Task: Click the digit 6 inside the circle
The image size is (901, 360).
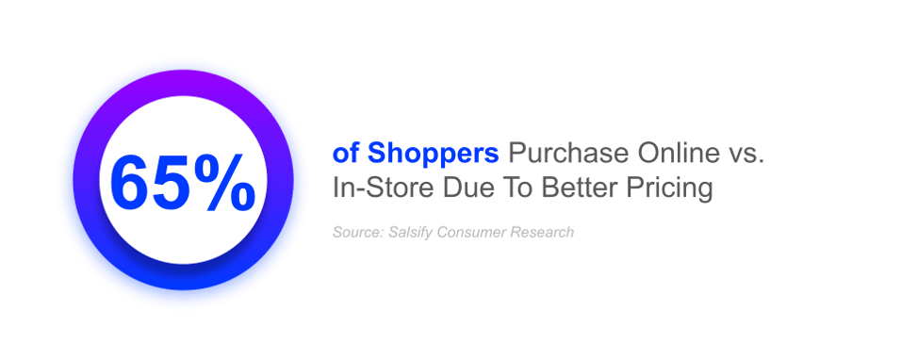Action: point(129,182)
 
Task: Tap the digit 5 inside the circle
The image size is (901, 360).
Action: point(172,182)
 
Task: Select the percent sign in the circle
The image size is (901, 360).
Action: point(224,182)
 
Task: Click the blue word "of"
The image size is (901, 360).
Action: point(346,154)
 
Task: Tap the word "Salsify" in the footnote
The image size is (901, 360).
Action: point(411,233)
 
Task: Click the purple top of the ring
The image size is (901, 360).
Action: point(183,83)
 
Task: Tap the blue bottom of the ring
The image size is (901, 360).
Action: point(183,277)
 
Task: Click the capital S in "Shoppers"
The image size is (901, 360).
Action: point(376,154)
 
